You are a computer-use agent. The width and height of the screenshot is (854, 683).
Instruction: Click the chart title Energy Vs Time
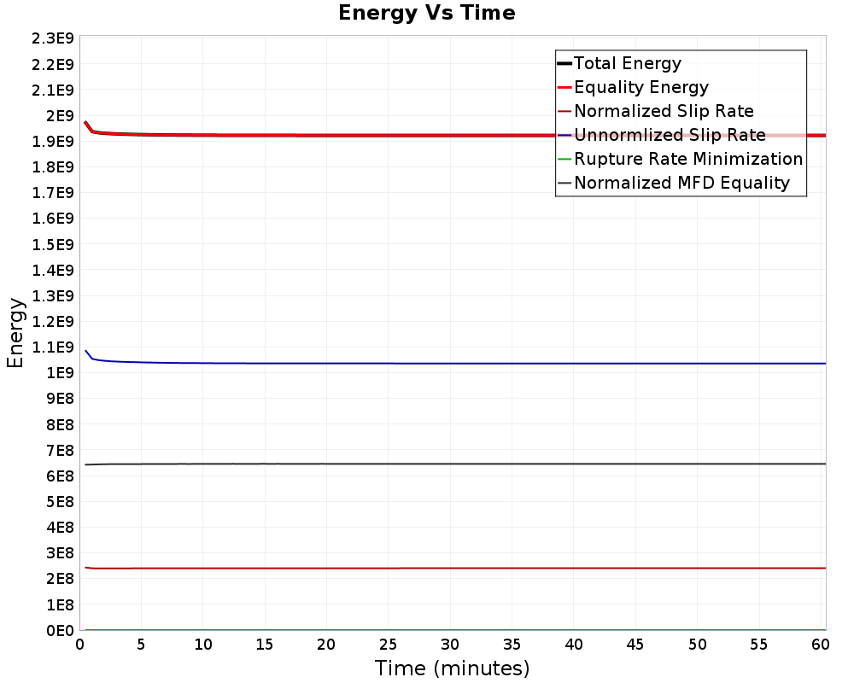coord(427,14)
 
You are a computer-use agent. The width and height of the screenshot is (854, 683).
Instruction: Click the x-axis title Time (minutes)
coord(452,668)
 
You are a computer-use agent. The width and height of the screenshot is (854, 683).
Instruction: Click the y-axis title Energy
coord(15,333)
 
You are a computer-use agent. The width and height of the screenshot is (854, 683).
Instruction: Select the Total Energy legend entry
coord(627,63)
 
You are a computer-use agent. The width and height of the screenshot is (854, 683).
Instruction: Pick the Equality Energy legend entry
coord(640,87)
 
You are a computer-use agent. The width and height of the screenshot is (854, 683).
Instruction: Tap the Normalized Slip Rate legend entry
coord(664,111)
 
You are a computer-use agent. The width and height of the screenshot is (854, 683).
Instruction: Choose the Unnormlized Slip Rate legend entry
coord(670,135)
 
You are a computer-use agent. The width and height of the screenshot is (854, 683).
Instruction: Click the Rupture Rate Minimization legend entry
coord(687,159)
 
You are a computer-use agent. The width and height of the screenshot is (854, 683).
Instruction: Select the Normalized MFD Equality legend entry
coord(681,183)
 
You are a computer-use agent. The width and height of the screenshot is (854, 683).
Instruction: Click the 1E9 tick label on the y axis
coord(57,373)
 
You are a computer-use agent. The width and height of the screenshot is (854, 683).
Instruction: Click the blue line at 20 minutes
coord(327,363)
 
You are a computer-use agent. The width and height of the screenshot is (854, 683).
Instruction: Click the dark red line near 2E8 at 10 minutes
coord(203,568)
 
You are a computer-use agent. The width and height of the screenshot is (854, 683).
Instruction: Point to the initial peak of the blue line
coord(85,350)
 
